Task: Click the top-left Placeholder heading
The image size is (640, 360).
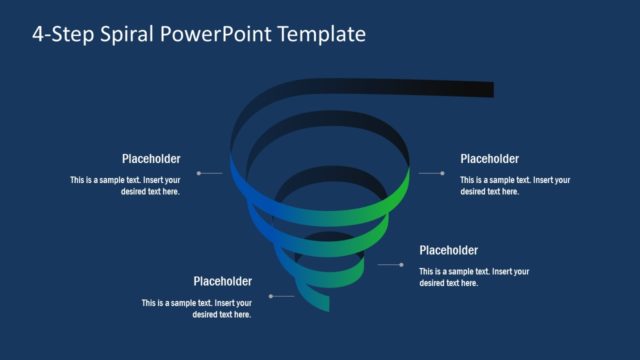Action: [151, 159]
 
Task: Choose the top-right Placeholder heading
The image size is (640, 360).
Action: [489, 159]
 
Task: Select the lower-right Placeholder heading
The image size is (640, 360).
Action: [448, 250]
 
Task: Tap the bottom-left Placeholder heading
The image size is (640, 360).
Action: [222, 282]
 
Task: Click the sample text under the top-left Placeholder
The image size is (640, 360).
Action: [125, 186]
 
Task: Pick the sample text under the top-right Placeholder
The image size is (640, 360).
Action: [515, 186]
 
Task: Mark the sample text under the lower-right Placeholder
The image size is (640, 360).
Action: [474, 277]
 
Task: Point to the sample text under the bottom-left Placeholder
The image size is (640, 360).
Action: [197, 308]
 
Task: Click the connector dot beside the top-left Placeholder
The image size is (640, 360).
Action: [199, 173]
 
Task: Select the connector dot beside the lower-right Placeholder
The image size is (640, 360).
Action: [402, 265]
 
